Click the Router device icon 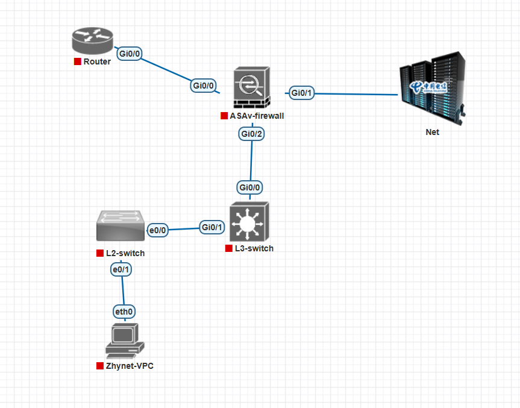click(x=92, y=41)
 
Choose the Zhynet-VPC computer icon click(x=125, y=341)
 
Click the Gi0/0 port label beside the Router click(x=130, y=54)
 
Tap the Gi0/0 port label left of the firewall click(x=204, y=86)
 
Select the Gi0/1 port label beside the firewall click(x=301, y=93)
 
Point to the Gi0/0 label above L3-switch click(x=249, y=187)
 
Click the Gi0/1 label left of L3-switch click(x=212, y=227)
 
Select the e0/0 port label click(x=158, y=230)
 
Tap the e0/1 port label click(x=121, y=270)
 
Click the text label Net click(x=432, y=132)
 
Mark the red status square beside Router click(x=77, y=61)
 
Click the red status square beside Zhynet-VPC click(x=99, y=366)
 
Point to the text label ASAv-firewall click(x=257, y=116)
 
